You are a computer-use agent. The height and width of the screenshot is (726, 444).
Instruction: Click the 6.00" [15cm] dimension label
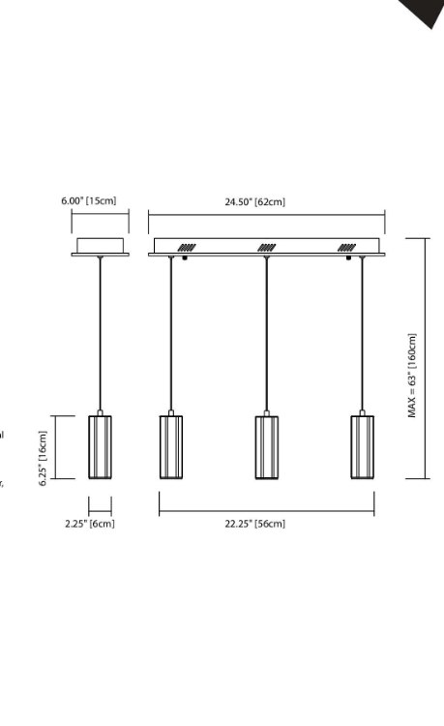click(x=88, y=200)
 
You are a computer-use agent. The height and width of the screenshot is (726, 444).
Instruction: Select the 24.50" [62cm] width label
click(x=254, y=201)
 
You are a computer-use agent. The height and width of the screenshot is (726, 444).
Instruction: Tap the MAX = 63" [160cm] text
click(x=412, y=376)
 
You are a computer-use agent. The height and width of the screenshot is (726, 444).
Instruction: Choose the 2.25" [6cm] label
click(x=89, y=524)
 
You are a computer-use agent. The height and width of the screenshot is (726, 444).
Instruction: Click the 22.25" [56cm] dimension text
click(x=254, y=524)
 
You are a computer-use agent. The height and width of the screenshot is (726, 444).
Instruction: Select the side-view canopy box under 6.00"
click(x=100, y=244)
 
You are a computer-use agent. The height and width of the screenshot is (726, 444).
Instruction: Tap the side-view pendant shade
click(x=100, y=446)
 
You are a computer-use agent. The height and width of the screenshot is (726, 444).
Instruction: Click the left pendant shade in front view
click(x=171, y=446)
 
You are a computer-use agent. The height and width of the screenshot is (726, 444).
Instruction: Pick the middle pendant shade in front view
click(x=267, y=446)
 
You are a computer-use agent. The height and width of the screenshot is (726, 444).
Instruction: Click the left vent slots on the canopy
click(x=186, y=247)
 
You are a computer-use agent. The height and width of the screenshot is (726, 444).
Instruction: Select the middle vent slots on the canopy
click(x=266, y=247)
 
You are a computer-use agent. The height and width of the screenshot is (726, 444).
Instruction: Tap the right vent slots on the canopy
click(x=346, y=247)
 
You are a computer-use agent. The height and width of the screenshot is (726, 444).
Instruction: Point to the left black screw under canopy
click(x=185, y=258)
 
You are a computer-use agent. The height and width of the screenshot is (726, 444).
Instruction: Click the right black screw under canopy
click(x=347, y=258)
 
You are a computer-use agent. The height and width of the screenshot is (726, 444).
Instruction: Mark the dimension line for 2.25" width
click(x=100, y=505)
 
